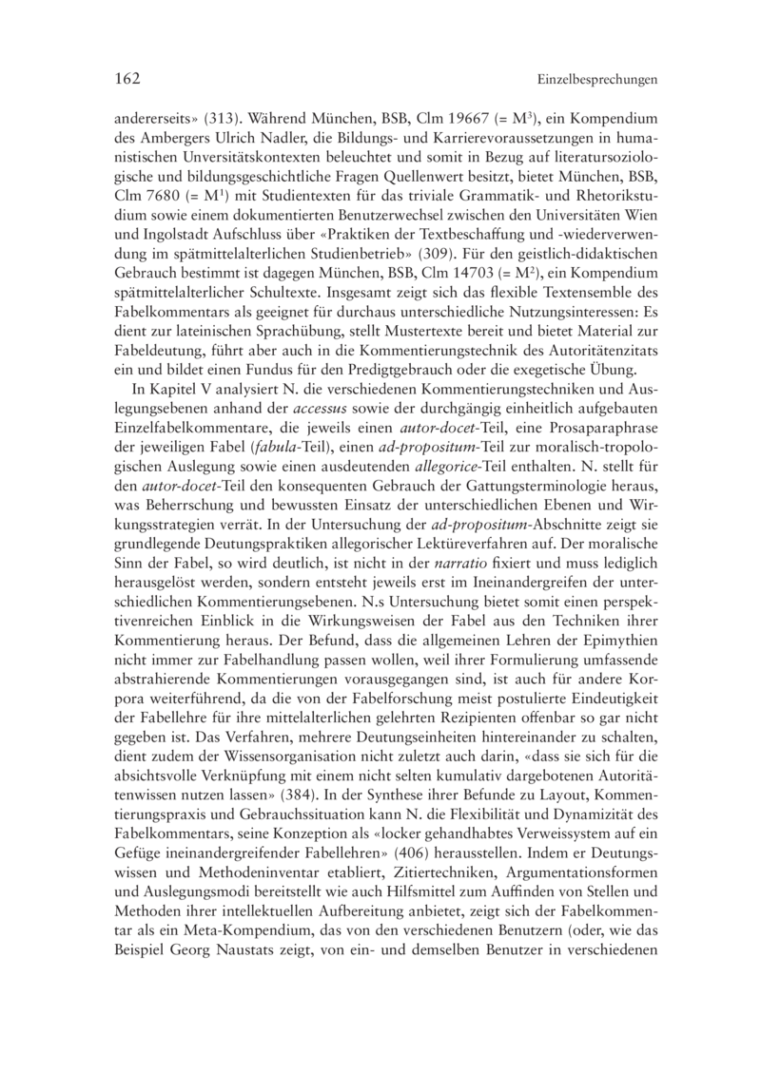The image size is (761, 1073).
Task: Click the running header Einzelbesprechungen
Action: (x=597, y=81)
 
